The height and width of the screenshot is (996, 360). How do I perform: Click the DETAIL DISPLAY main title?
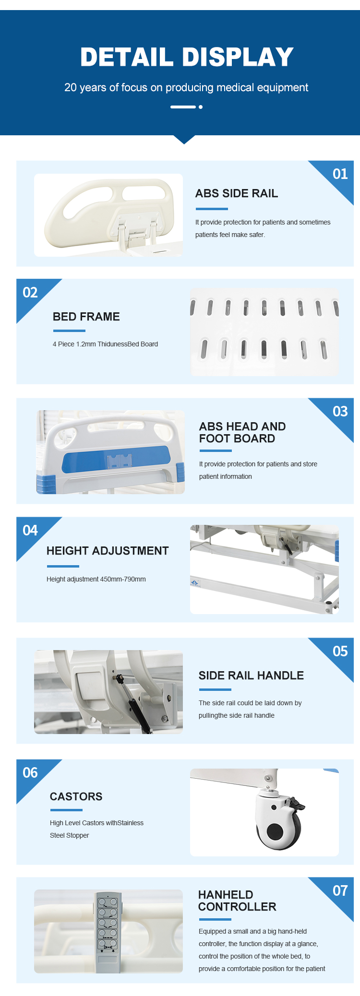187,57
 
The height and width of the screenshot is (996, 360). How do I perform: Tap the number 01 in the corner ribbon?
340,174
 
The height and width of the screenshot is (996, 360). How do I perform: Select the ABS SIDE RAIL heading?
237,193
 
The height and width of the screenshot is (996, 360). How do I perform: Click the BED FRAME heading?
86,317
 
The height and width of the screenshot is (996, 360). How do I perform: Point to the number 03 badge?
340,411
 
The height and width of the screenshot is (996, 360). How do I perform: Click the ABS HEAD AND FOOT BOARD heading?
242,432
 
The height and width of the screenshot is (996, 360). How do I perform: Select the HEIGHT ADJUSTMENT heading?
108,551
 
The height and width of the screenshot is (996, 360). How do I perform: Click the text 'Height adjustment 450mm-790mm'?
96,579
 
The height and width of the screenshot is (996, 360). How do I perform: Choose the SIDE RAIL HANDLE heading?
251,676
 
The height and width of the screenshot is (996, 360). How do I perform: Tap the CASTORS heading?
76,796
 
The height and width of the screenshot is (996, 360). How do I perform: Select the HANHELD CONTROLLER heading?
237,901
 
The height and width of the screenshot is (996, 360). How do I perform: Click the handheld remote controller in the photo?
108,932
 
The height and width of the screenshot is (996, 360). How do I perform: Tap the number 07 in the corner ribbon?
340,890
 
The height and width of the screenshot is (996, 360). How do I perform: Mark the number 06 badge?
30,772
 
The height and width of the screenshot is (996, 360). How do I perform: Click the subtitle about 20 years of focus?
186,87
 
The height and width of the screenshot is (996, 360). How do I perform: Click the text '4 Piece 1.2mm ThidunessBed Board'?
105,344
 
